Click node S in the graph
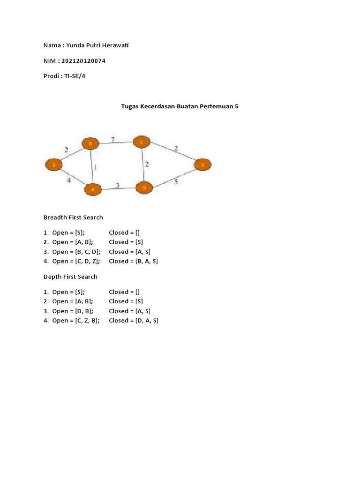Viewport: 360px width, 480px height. (54, 165)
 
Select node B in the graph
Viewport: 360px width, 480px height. (90, 143)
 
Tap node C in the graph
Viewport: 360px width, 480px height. (142, 142)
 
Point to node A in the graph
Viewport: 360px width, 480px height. (93, 189)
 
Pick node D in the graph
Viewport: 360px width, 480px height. (144, 188)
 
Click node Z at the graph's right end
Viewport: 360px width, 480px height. (202, 165)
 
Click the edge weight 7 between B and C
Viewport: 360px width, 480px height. (112, 139)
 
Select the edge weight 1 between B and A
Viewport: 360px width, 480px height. (96, 166)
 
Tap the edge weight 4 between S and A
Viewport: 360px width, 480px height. (68, 180)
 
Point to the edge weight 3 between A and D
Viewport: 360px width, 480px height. (118, 185)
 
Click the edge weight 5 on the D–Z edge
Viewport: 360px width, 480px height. (176, 181)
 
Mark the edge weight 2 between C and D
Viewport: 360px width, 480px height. (146, 164)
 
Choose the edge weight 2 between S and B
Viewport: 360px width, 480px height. (66, 150)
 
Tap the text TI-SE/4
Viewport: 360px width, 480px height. (75, 76)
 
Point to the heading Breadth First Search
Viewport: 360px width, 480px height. (73, 217)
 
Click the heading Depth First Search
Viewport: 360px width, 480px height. (70, 277)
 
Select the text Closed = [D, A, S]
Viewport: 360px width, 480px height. (134, 321)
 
